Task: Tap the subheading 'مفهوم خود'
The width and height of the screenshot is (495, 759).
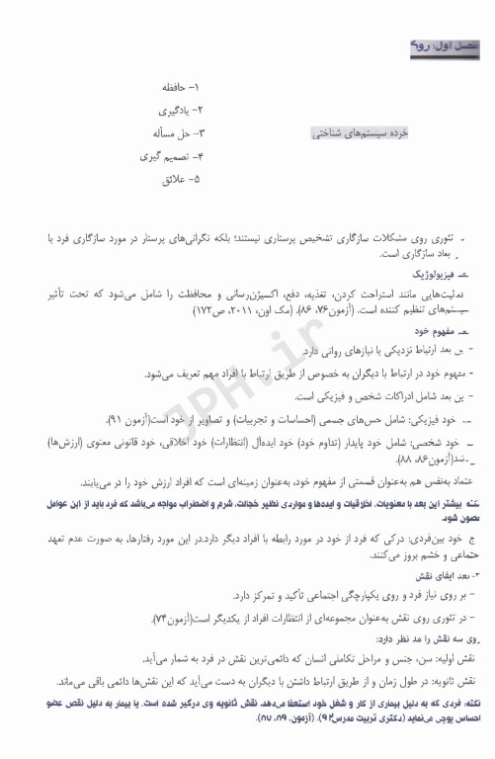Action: (x=444, y=331)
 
